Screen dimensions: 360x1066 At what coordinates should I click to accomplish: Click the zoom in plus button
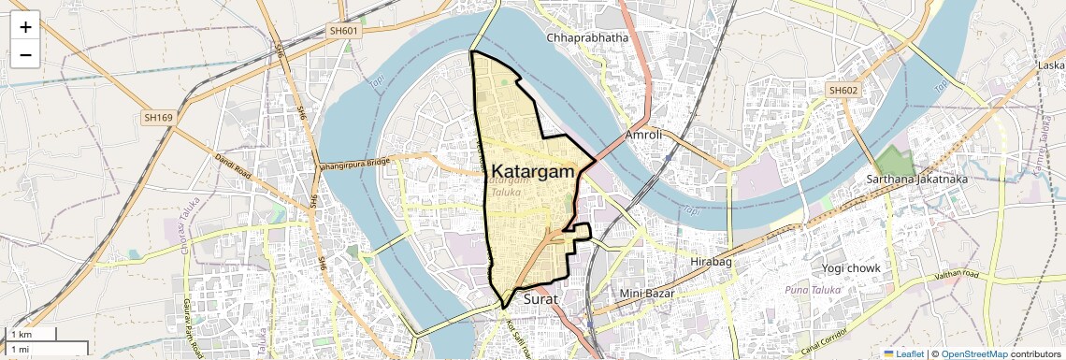click(x=25, y=27)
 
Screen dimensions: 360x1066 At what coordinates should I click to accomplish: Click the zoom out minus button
click(x=25, y=55)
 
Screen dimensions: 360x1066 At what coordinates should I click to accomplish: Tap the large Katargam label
click(x=533, y=171)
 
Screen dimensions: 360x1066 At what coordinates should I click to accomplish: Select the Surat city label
click(x=540, y=299)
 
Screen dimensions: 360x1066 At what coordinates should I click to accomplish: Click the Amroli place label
click(x=643, y=135)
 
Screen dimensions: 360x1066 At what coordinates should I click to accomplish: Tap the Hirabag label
click(x=711, y=262)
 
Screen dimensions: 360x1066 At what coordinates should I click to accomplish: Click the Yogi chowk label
click(x=851, y=268)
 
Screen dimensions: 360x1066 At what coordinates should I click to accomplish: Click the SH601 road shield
click(x=343, y=31)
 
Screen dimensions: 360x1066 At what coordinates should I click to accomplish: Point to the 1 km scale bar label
click(x=20, y=335)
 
